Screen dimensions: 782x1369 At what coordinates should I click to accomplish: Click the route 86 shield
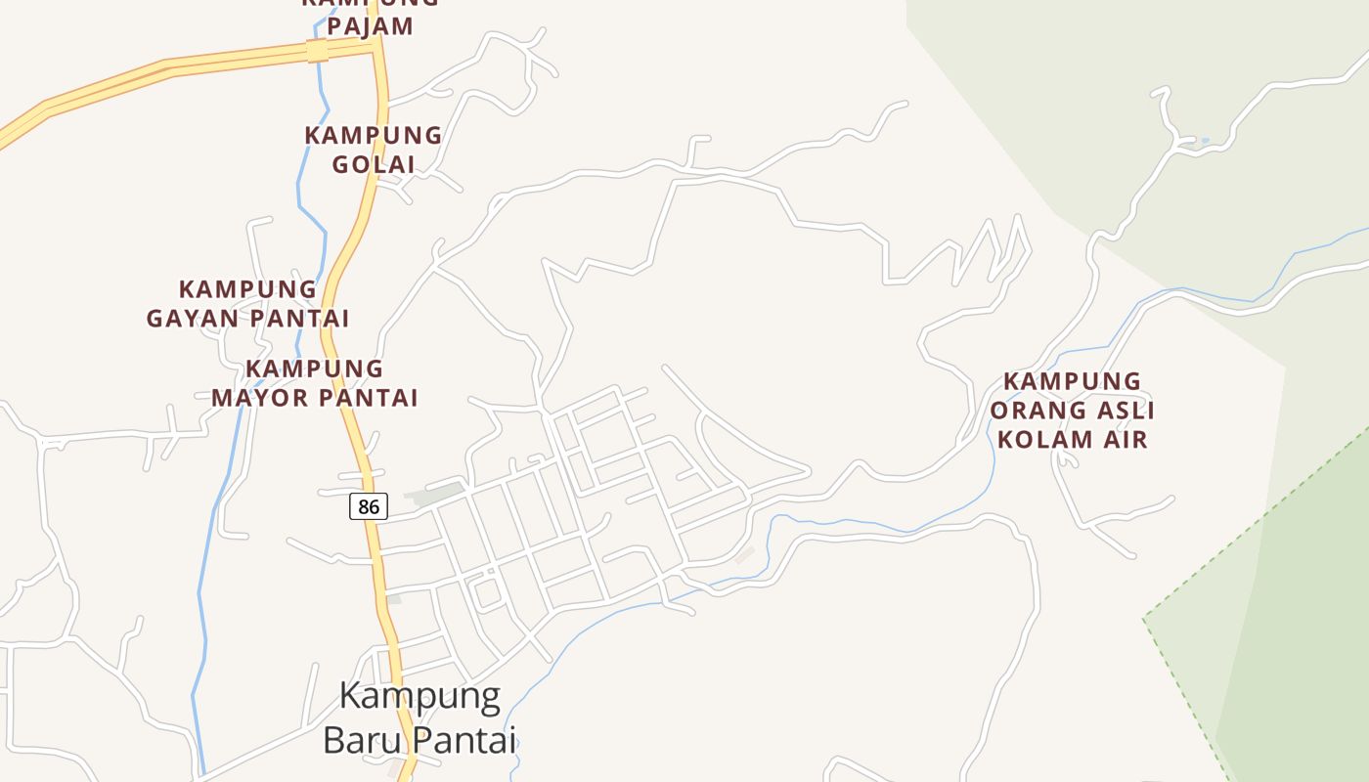click(x=369, y=506)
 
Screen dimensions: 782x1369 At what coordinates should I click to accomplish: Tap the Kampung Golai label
click(x=374, y=150)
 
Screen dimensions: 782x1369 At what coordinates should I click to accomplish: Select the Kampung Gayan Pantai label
click(x=248, y=304)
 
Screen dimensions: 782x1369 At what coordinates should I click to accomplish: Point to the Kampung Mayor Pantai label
click(x=315, y=383)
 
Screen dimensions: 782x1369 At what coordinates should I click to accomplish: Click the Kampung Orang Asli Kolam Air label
click(x=1072, y=410)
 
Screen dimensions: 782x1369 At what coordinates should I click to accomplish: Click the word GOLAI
click(x=374, y=164)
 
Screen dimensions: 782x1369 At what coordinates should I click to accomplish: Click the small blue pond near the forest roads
click(x=1205, y=141)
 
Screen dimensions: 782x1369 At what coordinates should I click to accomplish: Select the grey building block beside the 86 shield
click(x=436, y=495)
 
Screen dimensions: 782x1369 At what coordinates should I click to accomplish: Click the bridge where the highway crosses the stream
click(x=318, y=51)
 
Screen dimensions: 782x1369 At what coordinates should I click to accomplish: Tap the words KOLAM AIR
click(x=1072, y=439)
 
